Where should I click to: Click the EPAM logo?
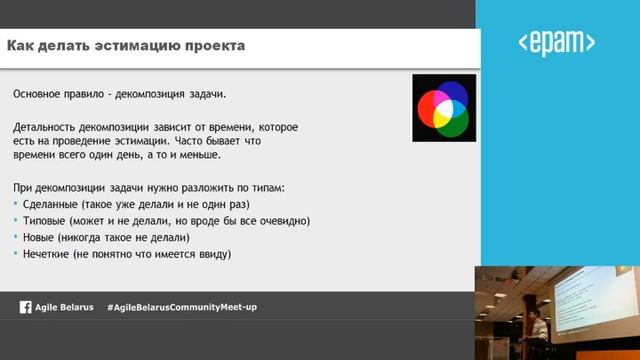557,42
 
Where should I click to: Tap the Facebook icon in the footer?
25,307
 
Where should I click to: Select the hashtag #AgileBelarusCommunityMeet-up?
182,307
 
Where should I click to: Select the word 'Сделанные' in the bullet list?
54,204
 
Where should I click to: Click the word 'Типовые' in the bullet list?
49,221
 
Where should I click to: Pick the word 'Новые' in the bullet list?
44,238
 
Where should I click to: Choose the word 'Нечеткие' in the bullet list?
51,255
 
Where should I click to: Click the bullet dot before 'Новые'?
16,238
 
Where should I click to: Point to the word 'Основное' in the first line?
41,93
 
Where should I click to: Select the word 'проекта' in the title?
215,46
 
